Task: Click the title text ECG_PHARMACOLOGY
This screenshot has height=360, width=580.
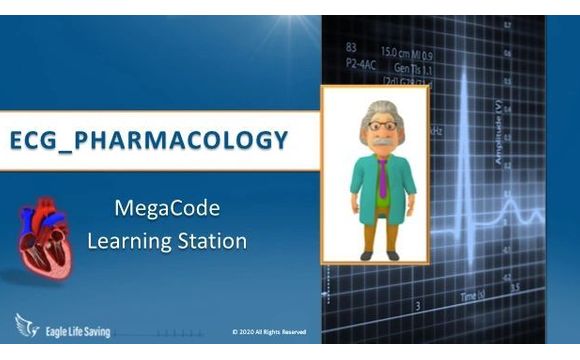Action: pyautogui.click(x=149, y=139)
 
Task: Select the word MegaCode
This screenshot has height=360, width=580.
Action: pyautogui.click(x=167, y=208)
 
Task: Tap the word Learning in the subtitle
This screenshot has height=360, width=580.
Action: pyautogui.click(x=130, y=240)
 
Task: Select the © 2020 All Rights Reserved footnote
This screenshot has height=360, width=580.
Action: pyautogui.click(x=269, y=332)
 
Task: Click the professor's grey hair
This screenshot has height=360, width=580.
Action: pyautogui.click(x=376, y=107)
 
